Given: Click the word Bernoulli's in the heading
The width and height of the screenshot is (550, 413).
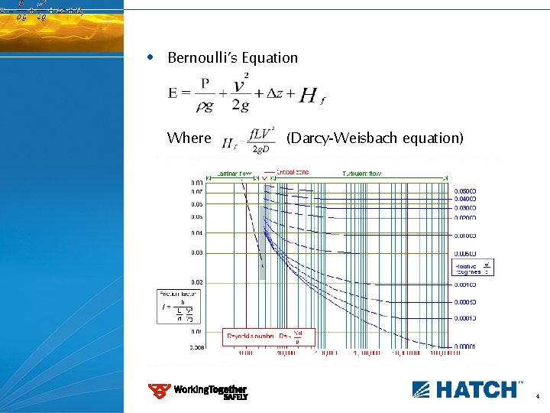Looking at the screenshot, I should [200, 58].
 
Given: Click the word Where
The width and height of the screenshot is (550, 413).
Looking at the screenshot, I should [189, 138].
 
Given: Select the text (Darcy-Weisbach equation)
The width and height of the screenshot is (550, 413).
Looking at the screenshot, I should [374, 138].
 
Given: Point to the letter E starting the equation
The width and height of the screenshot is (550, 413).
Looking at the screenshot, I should [174, 93].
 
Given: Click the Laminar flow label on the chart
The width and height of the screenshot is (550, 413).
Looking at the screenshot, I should [235, 173].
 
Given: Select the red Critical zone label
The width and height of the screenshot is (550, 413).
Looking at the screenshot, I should [293, 172].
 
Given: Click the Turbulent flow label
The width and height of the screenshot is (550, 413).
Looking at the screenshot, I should [361, 173].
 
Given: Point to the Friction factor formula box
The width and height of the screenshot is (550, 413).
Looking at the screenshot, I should [177, 305].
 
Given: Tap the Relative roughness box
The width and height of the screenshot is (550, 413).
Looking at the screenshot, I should [474, 267].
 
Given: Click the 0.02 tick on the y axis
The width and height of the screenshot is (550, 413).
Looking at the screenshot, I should [197, 282].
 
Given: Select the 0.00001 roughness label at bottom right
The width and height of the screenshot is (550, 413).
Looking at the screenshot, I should [464, 347].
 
